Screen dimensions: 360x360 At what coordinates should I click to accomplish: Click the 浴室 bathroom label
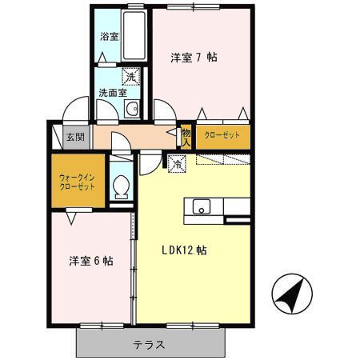click(x=109, y=37)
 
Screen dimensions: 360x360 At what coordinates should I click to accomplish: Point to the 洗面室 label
click(x=112, y=93)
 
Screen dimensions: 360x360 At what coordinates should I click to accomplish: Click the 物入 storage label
click(x=186, y=137)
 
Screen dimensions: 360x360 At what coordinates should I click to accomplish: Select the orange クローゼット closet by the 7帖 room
click(x=222, y=136)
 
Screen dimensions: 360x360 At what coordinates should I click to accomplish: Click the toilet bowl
click(x=121, y=187)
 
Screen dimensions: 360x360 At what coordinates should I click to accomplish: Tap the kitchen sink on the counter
click(x=201, y=208)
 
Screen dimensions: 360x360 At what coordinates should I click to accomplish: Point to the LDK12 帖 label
click(x=185, y=250)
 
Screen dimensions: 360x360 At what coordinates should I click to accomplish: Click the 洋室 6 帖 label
click(x=90, y=261)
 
